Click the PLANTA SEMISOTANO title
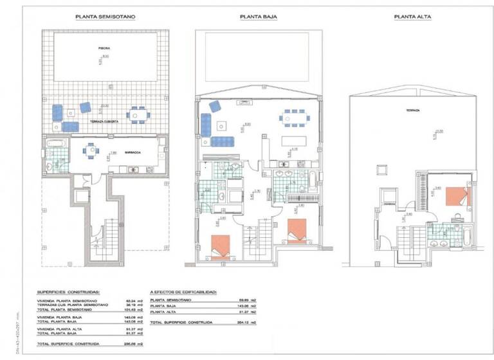(x=105, y=17)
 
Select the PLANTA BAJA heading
(x=259, y=17)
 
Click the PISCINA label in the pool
(x=104, y=48)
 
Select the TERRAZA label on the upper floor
(x=412, y=111)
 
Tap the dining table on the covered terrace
(x=136, y=115)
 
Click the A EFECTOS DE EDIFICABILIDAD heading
(x=185, y=292)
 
